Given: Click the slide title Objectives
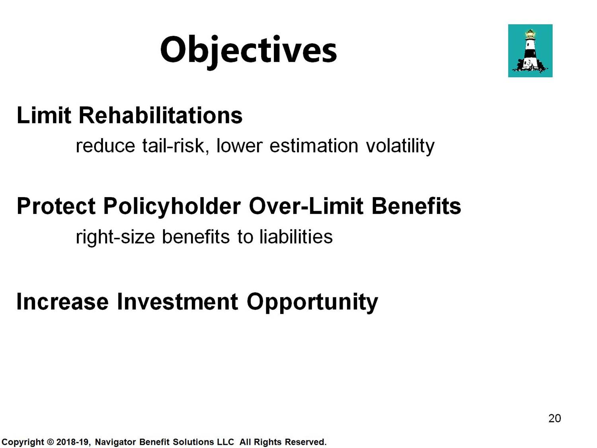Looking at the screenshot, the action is [x=248, y=52].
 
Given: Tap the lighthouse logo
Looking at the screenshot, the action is [x=530, y=51].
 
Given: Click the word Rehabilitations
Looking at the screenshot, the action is [x=160, y=115].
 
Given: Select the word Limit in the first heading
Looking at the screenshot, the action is [x=44, y=115].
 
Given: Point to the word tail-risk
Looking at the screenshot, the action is [x=176, y=146].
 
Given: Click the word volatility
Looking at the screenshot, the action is [x=400, y=146].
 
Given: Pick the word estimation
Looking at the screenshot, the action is [x=314, y=146].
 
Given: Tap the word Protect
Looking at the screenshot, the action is [x=56, y=206].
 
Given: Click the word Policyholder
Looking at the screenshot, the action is [x=172, y=207].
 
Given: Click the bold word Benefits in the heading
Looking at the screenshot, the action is [x=416, y=206].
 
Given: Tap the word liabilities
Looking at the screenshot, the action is [x=296, y=237].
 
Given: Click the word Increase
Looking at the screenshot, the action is [x=62, y=301].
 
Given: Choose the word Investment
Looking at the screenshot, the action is [x=178, y=301].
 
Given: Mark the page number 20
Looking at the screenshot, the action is [x=554, y=419].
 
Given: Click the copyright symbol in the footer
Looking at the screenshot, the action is [x=50, y=442].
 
